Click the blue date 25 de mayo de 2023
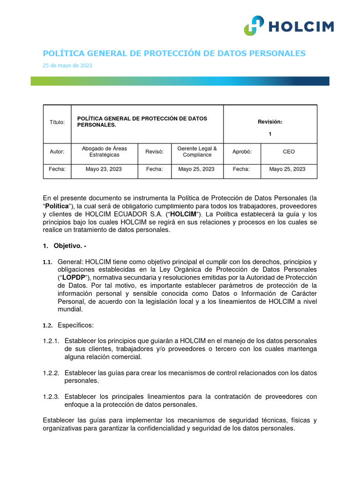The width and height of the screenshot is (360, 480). (67, 66)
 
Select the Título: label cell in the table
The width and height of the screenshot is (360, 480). (57, 122)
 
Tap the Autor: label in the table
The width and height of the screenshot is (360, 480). (57, 152)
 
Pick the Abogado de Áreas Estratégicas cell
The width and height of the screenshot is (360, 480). (104, 152)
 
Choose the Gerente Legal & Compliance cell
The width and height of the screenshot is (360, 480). (197, 152)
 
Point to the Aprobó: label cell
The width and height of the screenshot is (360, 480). (242, 152)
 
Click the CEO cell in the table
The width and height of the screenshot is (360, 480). (289, 152)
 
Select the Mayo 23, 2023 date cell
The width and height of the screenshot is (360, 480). (104, 169)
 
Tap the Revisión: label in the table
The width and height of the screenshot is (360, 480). (270, 122)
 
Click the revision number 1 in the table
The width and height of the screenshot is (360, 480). (270, 134)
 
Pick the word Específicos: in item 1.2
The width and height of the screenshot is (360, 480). (75, 325)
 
